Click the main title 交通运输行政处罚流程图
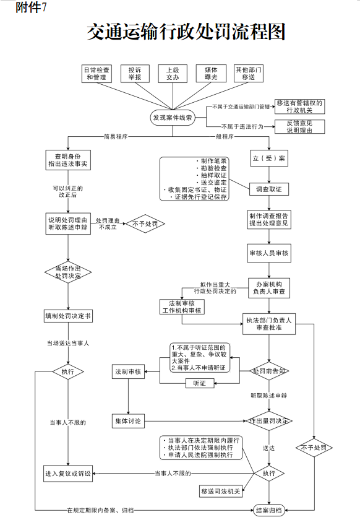point(186,32)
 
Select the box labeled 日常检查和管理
point(97,74)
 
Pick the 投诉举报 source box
point(134,74)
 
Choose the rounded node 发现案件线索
point(173,117)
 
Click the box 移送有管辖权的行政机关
point(299,106)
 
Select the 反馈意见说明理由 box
point(299,127)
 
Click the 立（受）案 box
point(269,158)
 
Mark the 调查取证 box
point(269,189)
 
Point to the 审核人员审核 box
point(269,253)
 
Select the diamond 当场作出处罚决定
point(68,272)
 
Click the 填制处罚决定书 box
point(68,316)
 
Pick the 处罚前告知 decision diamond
point(269,371)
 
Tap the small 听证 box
point(199,384)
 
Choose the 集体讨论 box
point(128,421)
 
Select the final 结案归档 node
point(269,510)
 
